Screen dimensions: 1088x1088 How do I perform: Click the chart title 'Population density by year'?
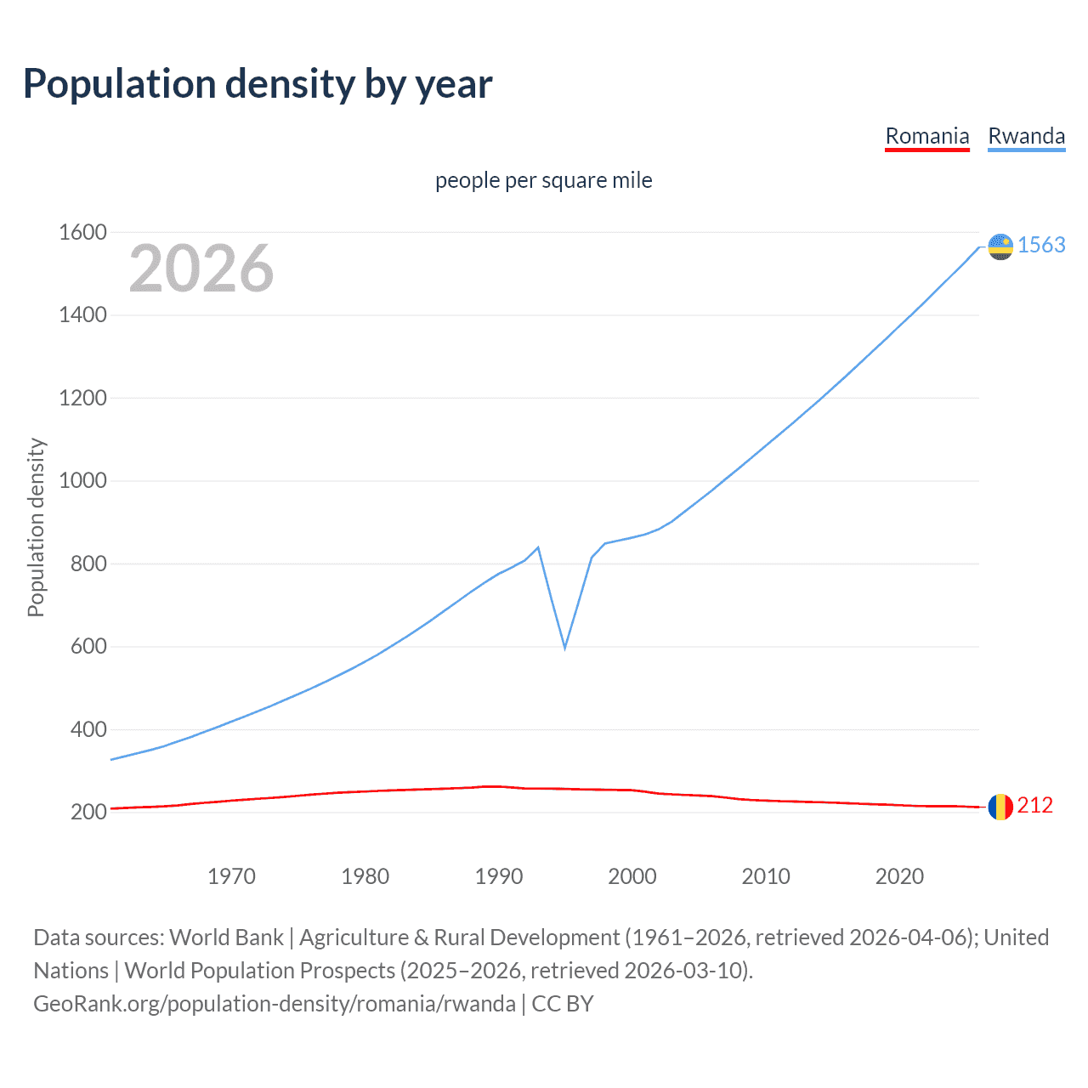(x=258, y=84)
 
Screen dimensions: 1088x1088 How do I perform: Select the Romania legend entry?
(x=926, y=136)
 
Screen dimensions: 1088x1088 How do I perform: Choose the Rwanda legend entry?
(x=1026, y=136)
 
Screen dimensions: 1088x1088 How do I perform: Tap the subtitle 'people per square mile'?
(x=543, y=180)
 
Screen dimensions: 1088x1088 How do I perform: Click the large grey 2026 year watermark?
(x=201, y=269)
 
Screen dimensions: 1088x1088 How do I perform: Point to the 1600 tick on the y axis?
(x=82, y=232)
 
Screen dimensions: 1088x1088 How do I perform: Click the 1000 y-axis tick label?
(x=82, y=481)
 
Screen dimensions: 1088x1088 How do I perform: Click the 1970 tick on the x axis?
(x=231, y=876)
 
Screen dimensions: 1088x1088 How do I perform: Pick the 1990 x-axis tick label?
(x=499, y=876)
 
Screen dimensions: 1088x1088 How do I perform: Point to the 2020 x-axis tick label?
(x=899, y=876)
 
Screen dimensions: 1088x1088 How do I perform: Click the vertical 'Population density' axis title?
(x=36, y=527)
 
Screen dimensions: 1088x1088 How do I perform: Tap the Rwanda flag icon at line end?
(x=1000, y=246)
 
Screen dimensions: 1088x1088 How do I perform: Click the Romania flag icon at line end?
(x=1000, y=807)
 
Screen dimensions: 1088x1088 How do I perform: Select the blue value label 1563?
(x=1041, y=245)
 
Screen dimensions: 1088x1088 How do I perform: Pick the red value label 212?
(x=1034, y=805)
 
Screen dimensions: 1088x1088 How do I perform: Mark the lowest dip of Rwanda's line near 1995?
(x=564, y=648)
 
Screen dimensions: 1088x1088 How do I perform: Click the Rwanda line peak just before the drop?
(x=538, y=547)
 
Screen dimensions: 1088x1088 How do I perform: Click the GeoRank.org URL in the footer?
(x=274, y=1004)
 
